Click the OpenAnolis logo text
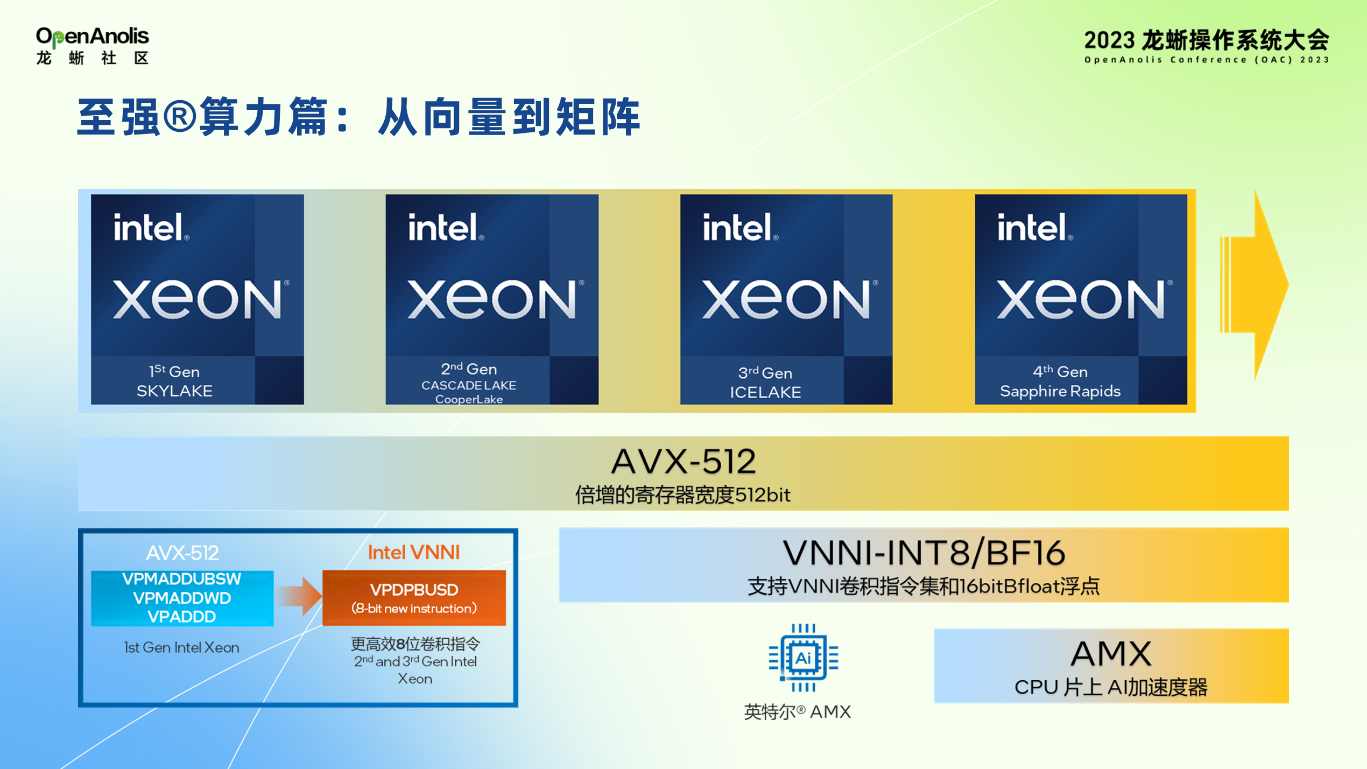coord(92,37)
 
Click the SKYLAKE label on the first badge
coord(174,391)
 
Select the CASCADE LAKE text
coord(468,385)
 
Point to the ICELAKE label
coord(765,392)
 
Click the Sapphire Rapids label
coord(1060,391)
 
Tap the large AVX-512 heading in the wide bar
coord(683,462)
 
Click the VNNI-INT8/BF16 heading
coord(924,553)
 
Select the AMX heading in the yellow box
coord(1111,654)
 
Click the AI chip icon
coord(803,658)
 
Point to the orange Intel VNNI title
coord(413,553)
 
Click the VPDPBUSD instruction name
coord(414,590)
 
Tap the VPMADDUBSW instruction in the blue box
coord(182,579)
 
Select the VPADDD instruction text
coord(182,617)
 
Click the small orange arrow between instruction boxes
coord(299,596)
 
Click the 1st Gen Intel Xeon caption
coord(181,647)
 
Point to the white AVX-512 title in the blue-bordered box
coord(182,553)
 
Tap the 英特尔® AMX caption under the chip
coord(797,712)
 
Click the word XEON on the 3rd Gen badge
coord(786,299)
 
